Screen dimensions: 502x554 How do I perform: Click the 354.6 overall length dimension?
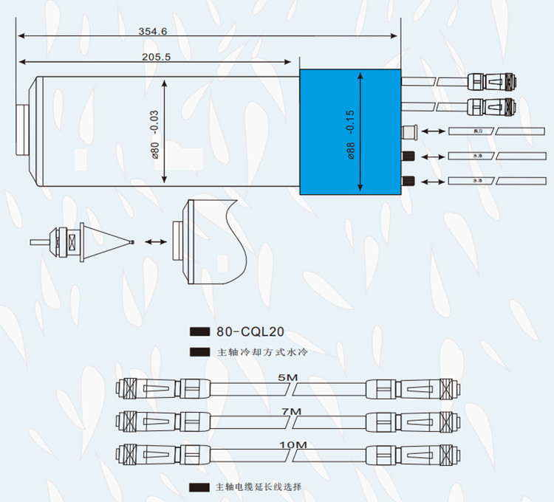click(153, 31)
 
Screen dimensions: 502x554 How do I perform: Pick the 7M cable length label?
click(291, 411)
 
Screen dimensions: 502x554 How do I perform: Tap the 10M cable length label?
click(293, 444)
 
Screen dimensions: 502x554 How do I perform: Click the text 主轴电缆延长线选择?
click(259, 487)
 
